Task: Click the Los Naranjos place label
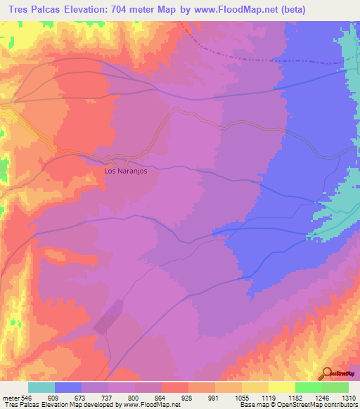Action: [125, 170]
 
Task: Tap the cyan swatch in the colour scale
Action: [41, 387]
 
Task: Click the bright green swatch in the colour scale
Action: [309, 387]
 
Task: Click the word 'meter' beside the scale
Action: [11, 398]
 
